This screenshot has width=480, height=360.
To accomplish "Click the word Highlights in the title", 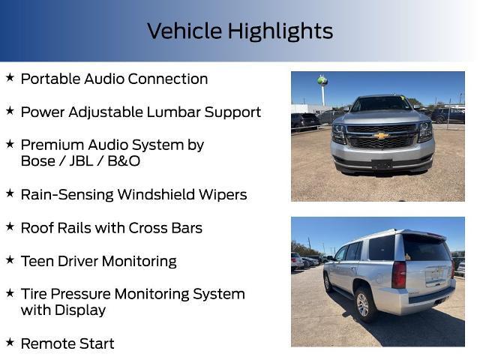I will (x=280, y=31).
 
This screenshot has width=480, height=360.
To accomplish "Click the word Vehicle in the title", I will (x=185, y=31).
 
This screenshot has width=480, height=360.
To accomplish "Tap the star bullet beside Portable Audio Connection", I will (x=10, y=78).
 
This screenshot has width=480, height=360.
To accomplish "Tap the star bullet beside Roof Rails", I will (x=10, y=226).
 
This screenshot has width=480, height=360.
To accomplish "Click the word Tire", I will (x=34, y=294).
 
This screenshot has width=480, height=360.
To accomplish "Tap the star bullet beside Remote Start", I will (x=10, y=343).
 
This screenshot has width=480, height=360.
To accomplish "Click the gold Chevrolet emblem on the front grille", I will (x=382, y=136).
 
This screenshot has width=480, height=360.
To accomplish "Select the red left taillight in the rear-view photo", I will (x=399, y=274).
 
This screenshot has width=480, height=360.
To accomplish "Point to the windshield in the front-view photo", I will (x=382, y=105).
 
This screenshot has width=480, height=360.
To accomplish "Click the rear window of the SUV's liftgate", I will (x=425, y=248).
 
